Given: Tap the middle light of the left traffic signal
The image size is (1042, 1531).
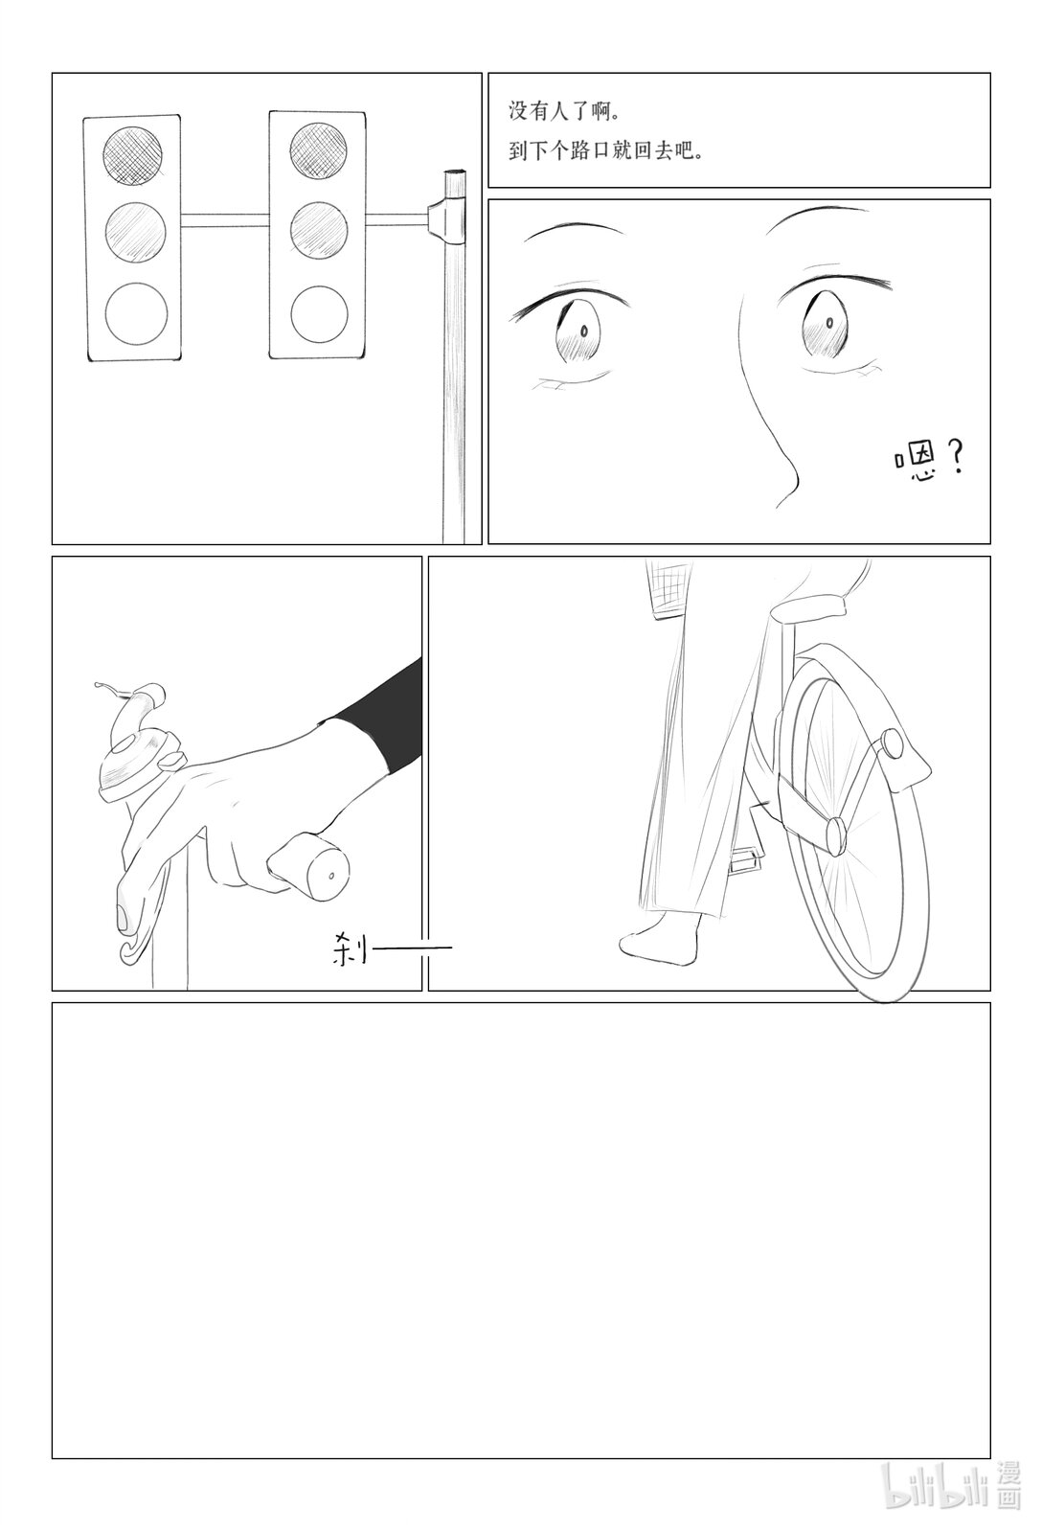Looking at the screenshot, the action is (136, 233).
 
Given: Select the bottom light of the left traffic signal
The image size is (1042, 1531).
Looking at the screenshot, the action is (136, 314).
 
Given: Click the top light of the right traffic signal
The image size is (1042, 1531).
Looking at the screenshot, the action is (318, 151).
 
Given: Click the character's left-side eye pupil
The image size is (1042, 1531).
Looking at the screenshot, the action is (584, 331).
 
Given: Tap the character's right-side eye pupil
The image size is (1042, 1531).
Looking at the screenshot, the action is (828, 322).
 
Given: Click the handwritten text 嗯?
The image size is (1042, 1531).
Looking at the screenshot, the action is (930, 461).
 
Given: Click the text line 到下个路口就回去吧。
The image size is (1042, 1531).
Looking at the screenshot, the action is (606, 151).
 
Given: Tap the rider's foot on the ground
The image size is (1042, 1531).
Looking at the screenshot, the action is (660, 938).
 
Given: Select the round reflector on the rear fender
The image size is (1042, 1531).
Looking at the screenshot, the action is (893, 743).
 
